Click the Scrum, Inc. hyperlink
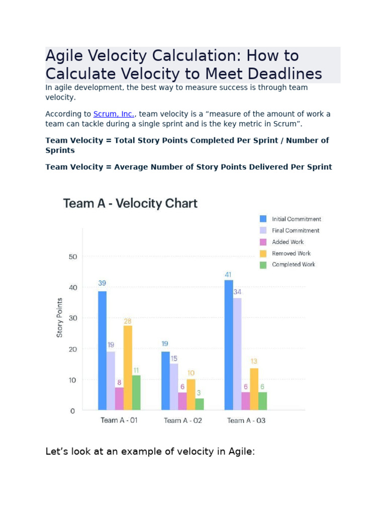tap(114, 114)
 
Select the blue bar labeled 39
tap(102, 350)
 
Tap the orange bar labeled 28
tap(128, 367)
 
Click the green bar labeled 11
tap(136, 392)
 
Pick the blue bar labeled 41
tap(229, 345)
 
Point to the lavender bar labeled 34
tap(237, 354)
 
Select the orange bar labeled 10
tap(191, 394)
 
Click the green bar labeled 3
tap(200, 404)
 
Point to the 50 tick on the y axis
tap(72, 257)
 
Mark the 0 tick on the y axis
tap(72, 411)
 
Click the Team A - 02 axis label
tap(182, 420)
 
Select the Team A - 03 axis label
tap(246, 420)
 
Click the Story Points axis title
tap(60, 317)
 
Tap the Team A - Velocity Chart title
tap(130, 204)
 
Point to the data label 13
tap(254, 362)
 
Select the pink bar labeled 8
tap(119, 398)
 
